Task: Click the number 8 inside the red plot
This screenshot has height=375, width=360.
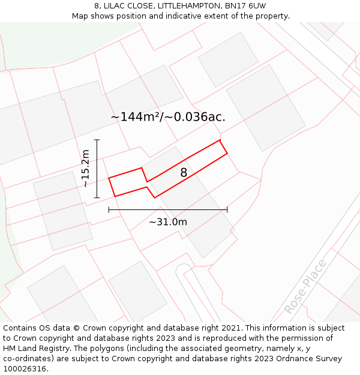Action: point(184,173)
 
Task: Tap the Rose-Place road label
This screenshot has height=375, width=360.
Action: point(305,287)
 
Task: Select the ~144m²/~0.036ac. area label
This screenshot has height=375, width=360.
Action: point(168,117)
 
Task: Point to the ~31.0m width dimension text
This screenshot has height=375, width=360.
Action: point(168,222)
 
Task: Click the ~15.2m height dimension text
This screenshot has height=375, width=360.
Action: point(86,169)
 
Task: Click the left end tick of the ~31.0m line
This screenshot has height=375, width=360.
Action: point(109,209)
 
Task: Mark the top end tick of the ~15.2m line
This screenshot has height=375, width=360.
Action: point(97,140)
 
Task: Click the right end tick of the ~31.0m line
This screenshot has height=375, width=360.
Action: point(227,209)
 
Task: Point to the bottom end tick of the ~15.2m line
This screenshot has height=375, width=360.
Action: point(97,197)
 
